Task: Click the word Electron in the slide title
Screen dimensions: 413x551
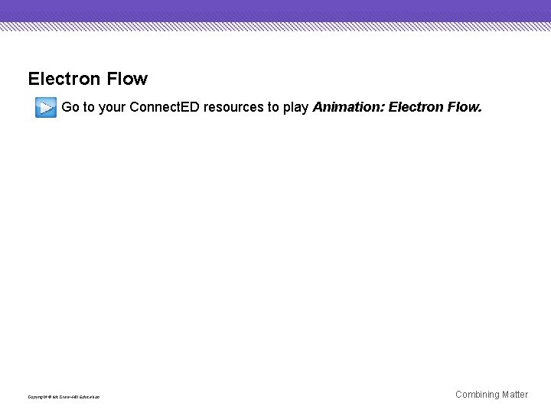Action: click(x=64, y=79)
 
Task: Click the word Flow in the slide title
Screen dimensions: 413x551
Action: click(x=127, y=79)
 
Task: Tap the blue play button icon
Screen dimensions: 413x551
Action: click(x=45, y=107)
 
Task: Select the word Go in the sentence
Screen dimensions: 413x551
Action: click(x=70, y=107)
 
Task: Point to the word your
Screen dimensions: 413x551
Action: click(x=112, y=107)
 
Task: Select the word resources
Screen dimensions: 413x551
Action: click(x=233, y=107)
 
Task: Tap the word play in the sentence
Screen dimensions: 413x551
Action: click(x=296, y=107)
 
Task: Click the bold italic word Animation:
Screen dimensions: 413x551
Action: click(x=348, y=107)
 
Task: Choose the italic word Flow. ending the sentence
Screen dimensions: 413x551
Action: click(x=465, y=107)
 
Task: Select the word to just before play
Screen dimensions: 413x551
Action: click(x=273, y=107)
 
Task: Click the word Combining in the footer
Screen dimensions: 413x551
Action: click(x=477, y=395)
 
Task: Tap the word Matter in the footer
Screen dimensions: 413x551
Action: click(x=515, y=395)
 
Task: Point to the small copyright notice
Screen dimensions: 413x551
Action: click(x=64, y=397)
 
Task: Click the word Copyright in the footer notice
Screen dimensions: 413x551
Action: click(x=37, y=397)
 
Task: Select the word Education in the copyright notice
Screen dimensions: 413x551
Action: click(x=89, y=397)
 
